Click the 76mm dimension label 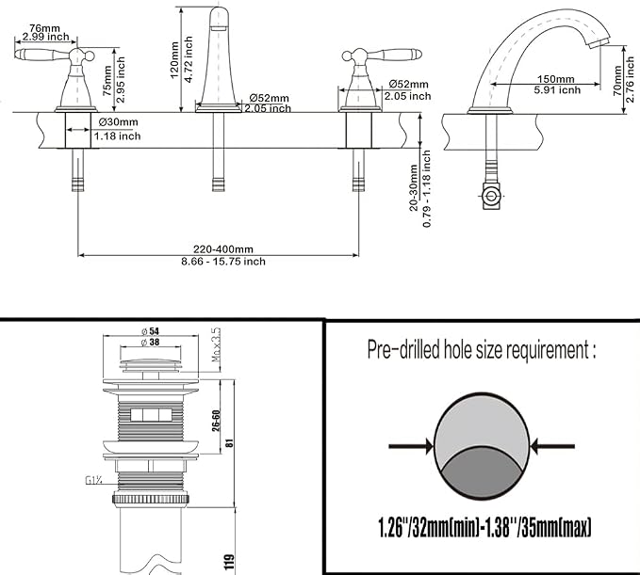coord(44,28)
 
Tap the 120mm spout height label coord(174,60)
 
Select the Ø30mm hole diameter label coord(119,121)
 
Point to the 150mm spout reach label coord(555,79)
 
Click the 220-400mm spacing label coord(223,249)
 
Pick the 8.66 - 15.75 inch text coord(223,262)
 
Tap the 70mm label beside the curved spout coord(617,81)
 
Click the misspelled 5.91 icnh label coord(557,89)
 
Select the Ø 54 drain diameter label coord(150,331)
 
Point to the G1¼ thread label coord(93,481)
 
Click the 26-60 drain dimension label coord(217,420)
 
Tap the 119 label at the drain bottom coord(229,562)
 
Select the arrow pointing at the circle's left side coord(411,446)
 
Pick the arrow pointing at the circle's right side coord(552,446)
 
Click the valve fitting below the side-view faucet coord(491,197)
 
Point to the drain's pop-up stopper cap coord(151,364)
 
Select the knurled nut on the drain coord(151,499)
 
